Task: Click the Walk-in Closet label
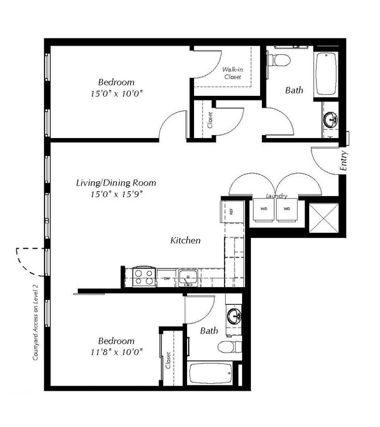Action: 233,73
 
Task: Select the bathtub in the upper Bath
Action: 326,73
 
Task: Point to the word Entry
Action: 343,161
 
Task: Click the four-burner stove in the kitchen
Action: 144,277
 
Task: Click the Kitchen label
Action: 185,240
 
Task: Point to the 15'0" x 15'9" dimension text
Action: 116,194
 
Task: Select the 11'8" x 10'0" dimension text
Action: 116,352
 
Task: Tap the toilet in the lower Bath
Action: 230,347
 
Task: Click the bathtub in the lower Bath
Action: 210,374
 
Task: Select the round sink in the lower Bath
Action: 236,316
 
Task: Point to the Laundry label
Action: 275,196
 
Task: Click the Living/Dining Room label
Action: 116,182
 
